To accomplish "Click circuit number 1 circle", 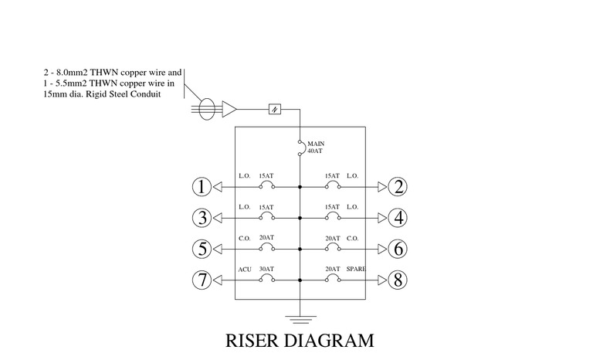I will (x=201, y=187).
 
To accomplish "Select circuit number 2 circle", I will (x=398, y=187).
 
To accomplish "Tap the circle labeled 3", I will (x=201, y=219).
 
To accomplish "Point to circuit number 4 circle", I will (x=398, y=219).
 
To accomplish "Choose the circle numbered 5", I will (x=201, y=250).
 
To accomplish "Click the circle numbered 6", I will (x=398, y=250).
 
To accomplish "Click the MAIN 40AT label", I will (x=316, y=148).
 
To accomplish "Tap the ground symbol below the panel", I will (x=300, y=316).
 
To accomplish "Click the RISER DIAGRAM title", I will (x=300, y=341).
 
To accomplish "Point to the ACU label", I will (x=245, y=270).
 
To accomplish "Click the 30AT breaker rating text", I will (x=266, y=270).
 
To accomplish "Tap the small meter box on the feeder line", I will (x=275, y=110).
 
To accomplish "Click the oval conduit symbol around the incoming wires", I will (x=205, y=110).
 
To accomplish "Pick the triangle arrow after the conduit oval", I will (x=229, y=110).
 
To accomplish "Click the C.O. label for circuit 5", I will (x=245, y=238).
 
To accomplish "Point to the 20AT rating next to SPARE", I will (x=332, y=270).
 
